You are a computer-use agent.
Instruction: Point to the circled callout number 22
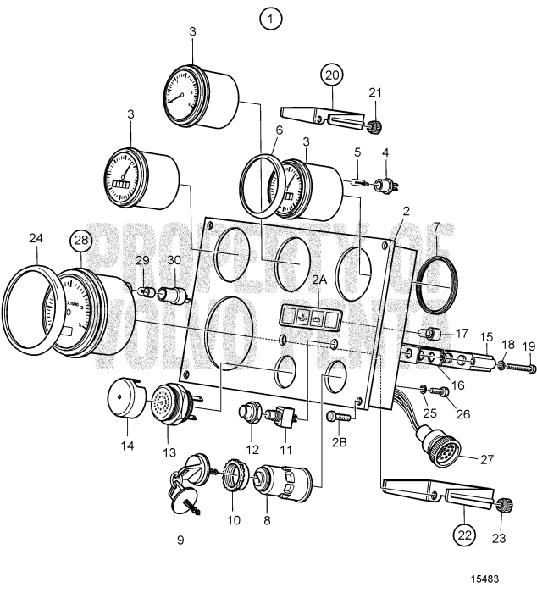(464, 535)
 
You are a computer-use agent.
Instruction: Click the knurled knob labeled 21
(373, 127)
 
